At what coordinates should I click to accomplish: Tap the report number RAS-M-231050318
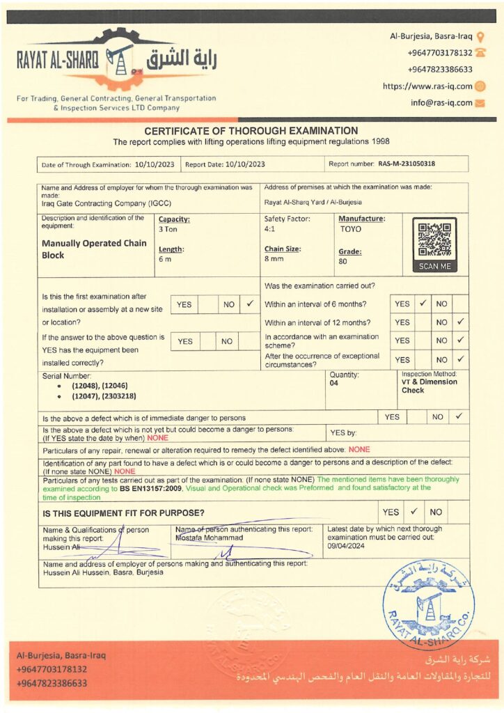click(x=411, y=164)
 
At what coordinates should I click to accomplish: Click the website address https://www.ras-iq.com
click(x=427, y=86)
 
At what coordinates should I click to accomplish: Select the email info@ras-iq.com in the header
click(x=441, y=102)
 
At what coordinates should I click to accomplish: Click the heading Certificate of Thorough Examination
click(x=251, y=131)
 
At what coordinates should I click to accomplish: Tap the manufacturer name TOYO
click(x=351, y=228)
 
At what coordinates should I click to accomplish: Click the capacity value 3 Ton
click(x=168, y=228)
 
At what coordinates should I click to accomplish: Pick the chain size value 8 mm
click(x=274, y=258)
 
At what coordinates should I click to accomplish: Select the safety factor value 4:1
click(x=270, y=228)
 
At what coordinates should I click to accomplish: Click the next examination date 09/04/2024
click(x=347, y=547)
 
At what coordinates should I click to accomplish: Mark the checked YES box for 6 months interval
click(x=423, y=304)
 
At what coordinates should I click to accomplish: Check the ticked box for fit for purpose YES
click(x=413, y=512)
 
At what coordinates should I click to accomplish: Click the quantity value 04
click(x=334, y=383)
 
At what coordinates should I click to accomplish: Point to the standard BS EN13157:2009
click(x=151, y=489)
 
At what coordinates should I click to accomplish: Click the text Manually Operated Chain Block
click(x=94, y=249)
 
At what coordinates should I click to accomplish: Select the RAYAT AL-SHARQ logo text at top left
click(x=57, y=61)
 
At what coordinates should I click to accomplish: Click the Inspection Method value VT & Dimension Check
click(x=429, y=386)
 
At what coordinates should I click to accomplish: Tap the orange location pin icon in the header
click(x=480, y=36)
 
